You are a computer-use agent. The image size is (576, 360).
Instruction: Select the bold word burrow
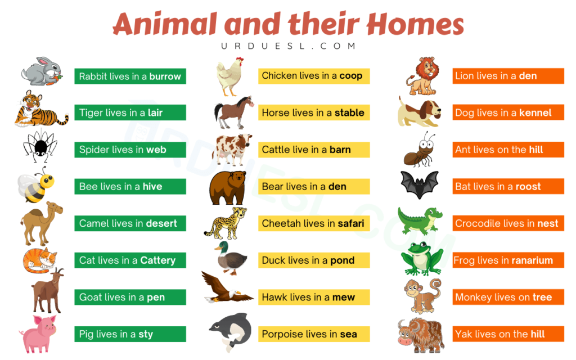tap(165, 76)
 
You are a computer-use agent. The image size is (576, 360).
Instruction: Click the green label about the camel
tap(130, 223)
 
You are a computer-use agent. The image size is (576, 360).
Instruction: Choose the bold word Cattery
tap(157, 260)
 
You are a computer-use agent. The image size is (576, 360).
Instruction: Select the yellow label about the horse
tap(314, 113)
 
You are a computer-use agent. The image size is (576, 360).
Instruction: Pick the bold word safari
tap(350, 223)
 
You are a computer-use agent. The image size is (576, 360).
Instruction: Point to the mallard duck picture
tap(231, 260)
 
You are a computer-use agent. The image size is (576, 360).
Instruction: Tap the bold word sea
tap(348, 334)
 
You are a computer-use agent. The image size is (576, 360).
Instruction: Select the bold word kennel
tap(535, 113)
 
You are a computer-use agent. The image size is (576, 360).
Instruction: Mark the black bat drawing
tap(420, 184)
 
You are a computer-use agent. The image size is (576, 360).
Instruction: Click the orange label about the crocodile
tap(507, 223)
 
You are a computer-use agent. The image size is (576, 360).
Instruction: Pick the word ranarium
tap(526, 260)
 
